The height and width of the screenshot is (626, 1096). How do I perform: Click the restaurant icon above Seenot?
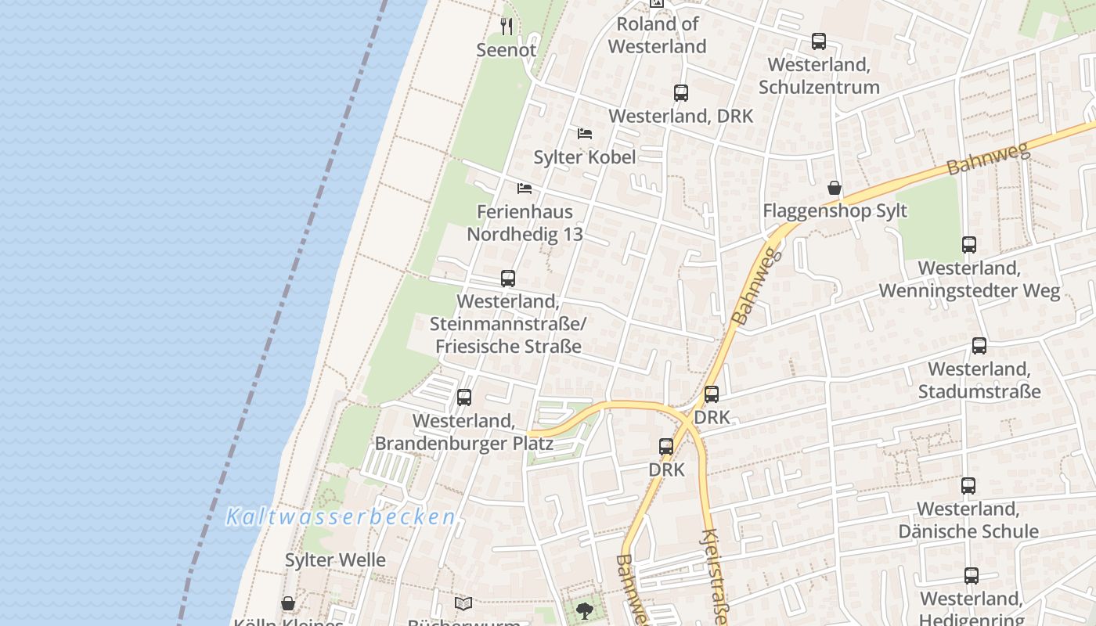pyautogui.click(x=507, y=27)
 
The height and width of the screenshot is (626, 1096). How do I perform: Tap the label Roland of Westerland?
pyautogui.click(x=657, y=35)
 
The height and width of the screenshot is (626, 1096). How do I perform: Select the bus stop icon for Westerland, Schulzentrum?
pyautogui.click(x=818, y=41)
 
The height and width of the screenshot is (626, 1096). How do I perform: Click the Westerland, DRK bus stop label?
pyautogui.click(x=680, y=116)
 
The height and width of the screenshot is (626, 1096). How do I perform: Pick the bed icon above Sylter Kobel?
pyautogui.click(x=584, y=134)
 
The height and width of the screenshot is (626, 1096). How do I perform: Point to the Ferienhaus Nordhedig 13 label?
pyautogui.click(x=525, y=223)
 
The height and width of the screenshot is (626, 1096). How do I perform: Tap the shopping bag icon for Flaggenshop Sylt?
pyautogui.click(x=835, y=188)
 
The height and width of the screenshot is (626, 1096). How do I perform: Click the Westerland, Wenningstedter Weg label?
pyautogui.click(x=968, y=279)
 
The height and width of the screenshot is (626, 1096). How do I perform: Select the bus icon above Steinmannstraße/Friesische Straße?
pyautogui.click(x=508, y=279)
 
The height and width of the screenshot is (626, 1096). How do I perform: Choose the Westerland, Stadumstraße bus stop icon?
pyautogui.click(x=979, y=346)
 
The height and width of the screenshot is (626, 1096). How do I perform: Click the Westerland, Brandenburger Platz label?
pyautogui.click(x=464, y=432)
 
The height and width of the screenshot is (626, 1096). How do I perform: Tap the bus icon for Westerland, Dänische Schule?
pyautogui.click(x=968, y=486)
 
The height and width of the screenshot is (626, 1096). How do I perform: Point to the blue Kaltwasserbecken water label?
pyautogui.click(x=341, y=517)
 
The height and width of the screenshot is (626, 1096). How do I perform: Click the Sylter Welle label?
pyautogui.click(x=335, y=560)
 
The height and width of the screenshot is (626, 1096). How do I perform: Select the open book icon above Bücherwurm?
pyautogui.click(x=463, y=603)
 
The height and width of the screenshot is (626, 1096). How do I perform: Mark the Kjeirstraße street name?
pyautogui.click(x=716, y=575)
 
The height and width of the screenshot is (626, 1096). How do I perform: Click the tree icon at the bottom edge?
pyautogui.click(x=584, y=610)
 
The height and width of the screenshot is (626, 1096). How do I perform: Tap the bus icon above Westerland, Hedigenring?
pyautogui.click(x=971, y=576)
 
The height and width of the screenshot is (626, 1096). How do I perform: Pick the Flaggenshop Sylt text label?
pyautogui.click(x=835, y=210)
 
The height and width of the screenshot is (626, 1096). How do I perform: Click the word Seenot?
pyautogui.click(x=507, y=50)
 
